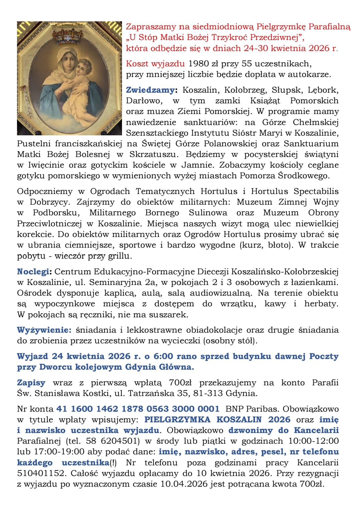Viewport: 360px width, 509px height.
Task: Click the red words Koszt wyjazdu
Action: coord(155,63)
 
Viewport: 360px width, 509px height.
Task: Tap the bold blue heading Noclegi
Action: coord(34,272)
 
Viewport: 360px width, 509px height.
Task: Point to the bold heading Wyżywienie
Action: coord(44,330)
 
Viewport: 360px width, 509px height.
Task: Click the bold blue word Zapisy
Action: coord(31,383)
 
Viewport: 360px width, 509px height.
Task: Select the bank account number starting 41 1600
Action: coord(138,409)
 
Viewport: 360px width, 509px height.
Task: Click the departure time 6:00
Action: coord(163,356)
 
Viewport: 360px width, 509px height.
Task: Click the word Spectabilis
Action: coord(316,191)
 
